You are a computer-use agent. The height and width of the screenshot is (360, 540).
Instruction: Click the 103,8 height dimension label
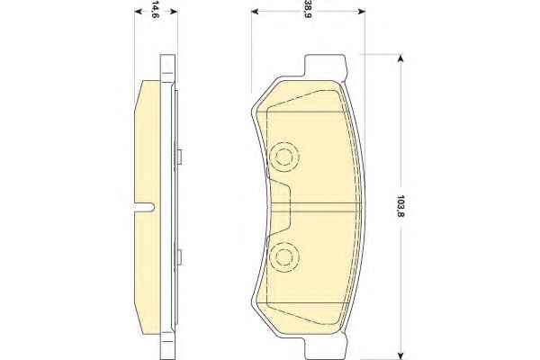pos(400,206)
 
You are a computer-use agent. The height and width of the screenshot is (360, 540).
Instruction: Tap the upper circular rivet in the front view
pos(283,157)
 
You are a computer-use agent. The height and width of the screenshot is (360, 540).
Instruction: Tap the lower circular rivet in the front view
pos(283,256)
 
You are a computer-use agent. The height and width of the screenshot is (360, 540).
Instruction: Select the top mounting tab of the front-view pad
pos(324,66)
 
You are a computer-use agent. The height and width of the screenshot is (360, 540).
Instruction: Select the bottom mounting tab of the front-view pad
pos(324,347)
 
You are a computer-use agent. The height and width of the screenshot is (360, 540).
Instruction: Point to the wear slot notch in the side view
pos(144,207)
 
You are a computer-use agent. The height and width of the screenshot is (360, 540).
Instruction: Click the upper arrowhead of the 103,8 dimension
pos(400,58)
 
